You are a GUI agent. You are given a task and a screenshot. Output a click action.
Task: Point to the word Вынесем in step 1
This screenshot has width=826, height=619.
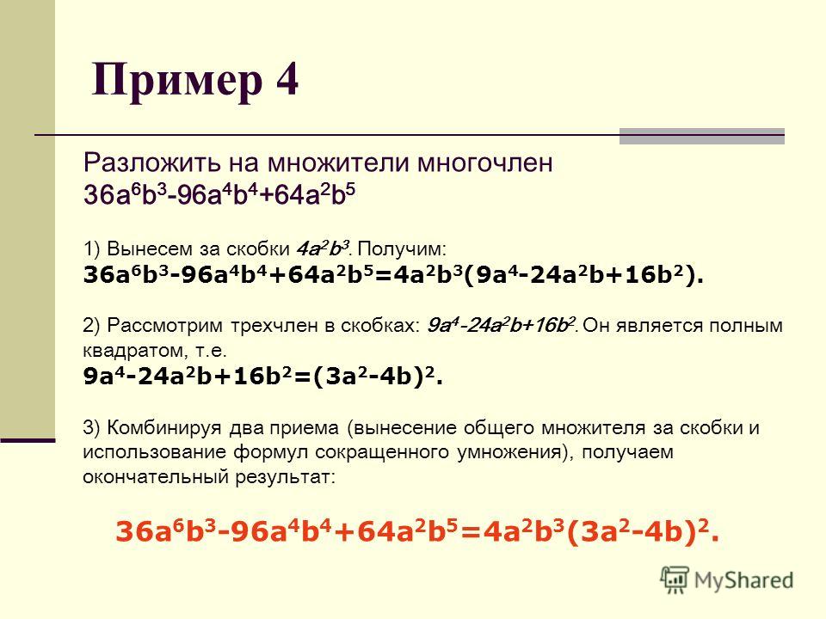click(145, 248)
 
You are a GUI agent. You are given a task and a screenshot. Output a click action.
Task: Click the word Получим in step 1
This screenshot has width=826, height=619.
click(402, 248)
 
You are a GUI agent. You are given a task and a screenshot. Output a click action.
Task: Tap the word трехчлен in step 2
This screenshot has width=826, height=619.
click(274, 326)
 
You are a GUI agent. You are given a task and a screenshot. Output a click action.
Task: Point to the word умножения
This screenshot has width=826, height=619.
click(511, 452)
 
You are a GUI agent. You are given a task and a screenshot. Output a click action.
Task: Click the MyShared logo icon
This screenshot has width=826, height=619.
click(675, 580)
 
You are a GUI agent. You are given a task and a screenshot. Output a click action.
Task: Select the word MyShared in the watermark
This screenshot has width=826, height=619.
click(743, 580)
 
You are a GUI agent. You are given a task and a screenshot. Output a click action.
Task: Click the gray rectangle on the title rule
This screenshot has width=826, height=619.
click(702, 136)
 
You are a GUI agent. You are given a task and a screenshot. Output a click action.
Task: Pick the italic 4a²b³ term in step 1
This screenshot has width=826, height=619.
click(323, 248)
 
